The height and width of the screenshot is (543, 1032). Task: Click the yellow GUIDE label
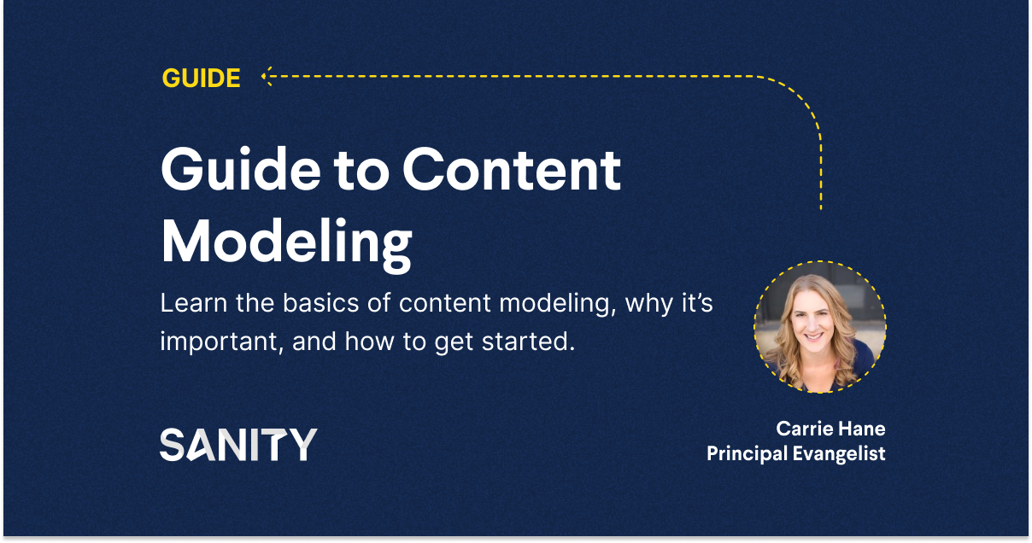tap(201, 79)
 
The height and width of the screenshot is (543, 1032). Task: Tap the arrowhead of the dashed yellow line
tap(266, 77)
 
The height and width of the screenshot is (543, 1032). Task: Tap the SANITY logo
tap(238, 445)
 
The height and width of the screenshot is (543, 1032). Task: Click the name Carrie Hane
tap(830, 428)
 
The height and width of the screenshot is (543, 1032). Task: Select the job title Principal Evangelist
tap(795, 453)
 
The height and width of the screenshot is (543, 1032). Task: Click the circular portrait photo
tap(819, 327)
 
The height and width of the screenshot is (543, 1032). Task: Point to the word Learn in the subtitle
tap(188, 304)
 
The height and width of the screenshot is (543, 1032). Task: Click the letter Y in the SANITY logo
tap(301, 445)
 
